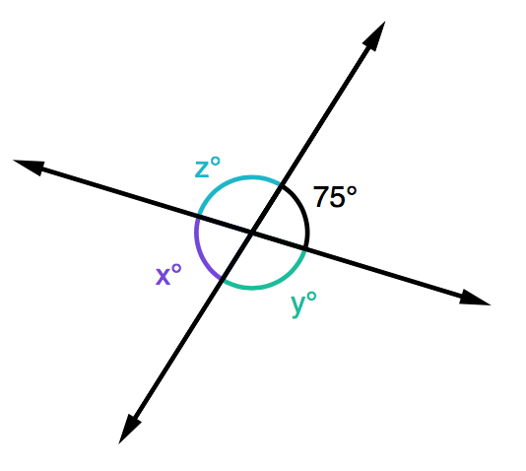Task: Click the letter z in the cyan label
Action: [202, 169]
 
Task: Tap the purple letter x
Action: [164, 277]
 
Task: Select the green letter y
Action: [298, 305]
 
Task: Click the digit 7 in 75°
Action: [321, 197]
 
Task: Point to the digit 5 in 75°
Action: [337, 197]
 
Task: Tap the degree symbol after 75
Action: [352, 192]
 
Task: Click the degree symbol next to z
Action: [216, 162]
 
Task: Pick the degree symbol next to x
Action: [176, 269]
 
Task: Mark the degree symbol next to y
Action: [311, 297]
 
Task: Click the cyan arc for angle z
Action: [234, 179]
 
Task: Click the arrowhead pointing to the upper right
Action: [376, 34]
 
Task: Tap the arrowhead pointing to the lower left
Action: [128, 430]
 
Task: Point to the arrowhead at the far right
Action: [475, 298]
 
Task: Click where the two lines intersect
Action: [251, 233]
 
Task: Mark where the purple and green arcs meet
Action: [222, 279]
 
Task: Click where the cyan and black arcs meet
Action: [281, 184]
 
